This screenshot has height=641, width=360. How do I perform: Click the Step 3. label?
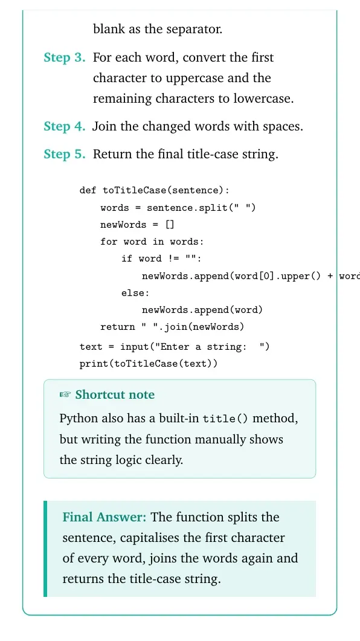65,57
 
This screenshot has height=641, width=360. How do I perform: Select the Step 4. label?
65,126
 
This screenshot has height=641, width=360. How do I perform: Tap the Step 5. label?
65,154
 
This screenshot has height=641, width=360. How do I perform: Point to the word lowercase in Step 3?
263,99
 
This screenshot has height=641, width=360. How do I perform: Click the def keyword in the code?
88,190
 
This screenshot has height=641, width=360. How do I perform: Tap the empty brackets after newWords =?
170,224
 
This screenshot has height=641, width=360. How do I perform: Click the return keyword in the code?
118,327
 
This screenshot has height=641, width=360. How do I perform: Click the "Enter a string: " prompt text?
210,347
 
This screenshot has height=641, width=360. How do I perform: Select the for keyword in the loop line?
109,242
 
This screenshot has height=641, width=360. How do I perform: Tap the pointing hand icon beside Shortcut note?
65,395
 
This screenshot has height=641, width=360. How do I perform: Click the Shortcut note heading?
115,395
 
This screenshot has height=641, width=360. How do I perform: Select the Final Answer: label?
104,517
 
